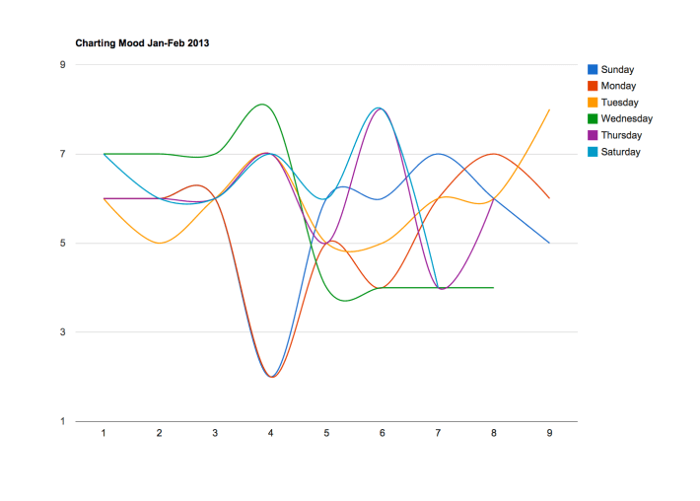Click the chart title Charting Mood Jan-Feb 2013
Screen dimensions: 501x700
142,43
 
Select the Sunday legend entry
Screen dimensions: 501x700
616,70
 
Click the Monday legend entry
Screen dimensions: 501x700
618,87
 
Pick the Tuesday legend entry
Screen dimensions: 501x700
619,103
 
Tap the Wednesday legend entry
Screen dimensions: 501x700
625,119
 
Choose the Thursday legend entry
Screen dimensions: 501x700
621,135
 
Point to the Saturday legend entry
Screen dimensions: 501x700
620,152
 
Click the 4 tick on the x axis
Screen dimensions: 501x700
270,433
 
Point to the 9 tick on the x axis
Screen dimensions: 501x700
549,433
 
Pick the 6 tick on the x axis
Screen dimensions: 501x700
382,433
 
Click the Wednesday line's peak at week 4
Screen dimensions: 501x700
261,105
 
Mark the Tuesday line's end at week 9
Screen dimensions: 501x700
549,109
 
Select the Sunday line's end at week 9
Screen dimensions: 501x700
549,243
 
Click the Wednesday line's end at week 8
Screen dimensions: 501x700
493,288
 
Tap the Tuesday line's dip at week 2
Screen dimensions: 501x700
159,243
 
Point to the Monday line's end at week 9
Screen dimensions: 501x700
549,198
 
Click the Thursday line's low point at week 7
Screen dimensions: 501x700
442,289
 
